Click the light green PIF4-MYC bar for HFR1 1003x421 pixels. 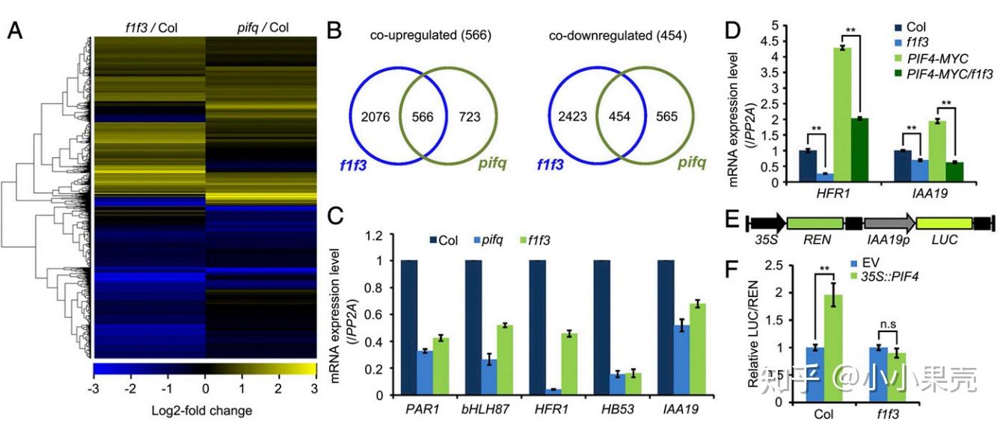[x=843, y=114]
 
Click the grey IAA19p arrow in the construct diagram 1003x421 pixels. [x=889, y=223]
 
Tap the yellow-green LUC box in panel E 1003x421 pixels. [x=945, y=223]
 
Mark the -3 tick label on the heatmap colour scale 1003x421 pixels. [x=93, y=389]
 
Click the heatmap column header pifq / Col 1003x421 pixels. [x=260, y=28]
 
